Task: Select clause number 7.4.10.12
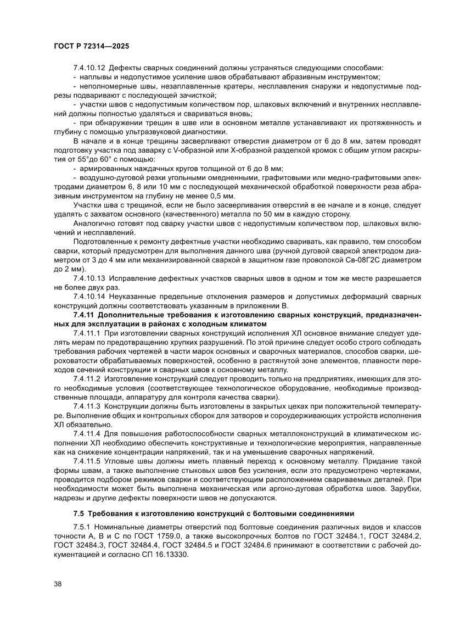89,68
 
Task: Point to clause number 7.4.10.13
89,278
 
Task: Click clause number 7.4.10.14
89,297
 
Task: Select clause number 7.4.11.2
87,379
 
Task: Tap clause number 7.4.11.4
87,434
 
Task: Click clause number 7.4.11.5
87,461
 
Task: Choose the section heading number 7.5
79,514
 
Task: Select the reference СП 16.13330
164,555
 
